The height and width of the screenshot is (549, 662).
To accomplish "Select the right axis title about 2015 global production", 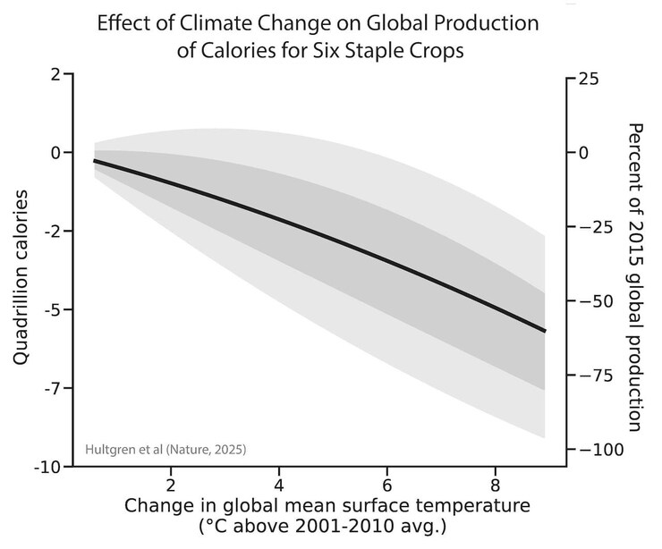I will tap(636, 277).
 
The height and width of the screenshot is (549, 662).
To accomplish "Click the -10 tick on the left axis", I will tap(47, 468).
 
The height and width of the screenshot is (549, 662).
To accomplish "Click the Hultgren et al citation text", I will tap(165, 448).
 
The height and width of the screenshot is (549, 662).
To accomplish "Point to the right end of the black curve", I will tap(545, 331).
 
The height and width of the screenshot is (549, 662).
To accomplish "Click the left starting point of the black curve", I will tap(95, 161).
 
